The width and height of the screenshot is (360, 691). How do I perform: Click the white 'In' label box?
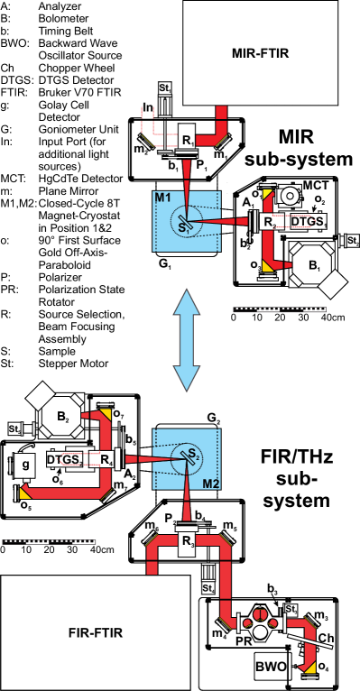[148, 109]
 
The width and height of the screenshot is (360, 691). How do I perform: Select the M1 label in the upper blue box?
[162, 198]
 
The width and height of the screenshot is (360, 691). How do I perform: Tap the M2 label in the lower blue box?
[210, 484]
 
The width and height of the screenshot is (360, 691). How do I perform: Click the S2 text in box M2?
[192, 453]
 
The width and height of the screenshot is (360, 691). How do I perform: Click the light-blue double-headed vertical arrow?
[186, 340]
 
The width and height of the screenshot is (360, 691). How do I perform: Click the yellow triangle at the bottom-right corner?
[310, 668]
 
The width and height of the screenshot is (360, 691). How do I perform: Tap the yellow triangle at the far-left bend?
[24, 493]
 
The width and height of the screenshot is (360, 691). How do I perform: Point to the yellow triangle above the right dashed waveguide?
[267, 194]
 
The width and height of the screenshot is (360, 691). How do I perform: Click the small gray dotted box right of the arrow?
[279, 309]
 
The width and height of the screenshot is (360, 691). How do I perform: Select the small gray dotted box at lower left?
[49, 541]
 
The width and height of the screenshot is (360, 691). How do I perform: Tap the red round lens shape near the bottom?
[260, 615]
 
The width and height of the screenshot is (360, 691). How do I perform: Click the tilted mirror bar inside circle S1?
[188, 220]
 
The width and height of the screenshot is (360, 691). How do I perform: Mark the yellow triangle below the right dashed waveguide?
[267, 266]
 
